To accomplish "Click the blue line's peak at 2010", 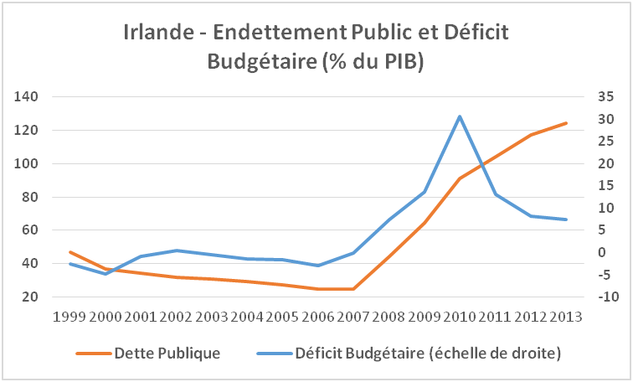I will pyautogui.click(x=460, y=116).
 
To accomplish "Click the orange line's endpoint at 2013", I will pyautogui.click(x=566, y=123).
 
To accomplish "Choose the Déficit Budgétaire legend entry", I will pyautogui.click(x=427, y=353).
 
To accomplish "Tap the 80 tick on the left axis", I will pyautogui.click(x=31, y=198).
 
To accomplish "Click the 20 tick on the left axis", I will pyautogui.click(x=31, y=297).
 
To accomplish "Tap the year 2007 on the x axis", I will pyautogui.click(x=353, y=317).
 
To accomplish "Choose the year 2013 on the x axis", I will pyautogui.click(x=566, y=317).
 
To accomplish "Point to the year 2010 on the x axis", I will pyautogui.click(x=460, y=317).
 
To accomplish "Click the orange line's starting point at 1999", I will pyautogui.click(x=70, y=251).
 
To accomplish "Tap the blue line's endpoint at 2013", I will pyautogui.click(x=566, y=219).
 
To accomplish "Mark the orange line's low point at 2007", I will pyautogui.click(x=353, y=289).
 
